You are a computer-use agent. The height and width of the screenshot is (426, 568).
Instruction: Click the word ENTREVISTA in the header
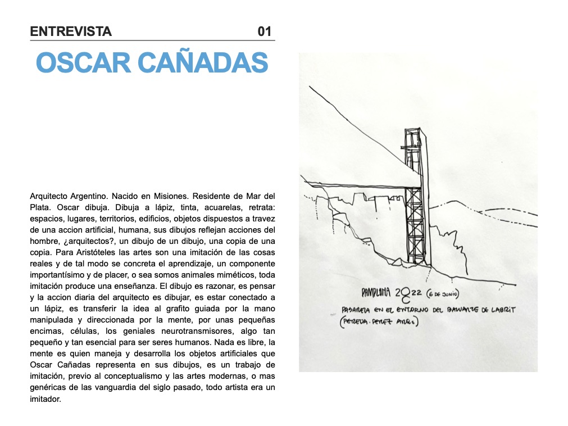tap(71, 31)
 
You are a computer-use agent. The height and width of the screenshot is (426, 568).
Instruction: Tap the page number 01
tap(264, 31)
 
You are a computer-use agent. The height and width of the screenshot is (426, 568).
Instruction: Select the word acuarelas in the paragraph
tap(199, 207)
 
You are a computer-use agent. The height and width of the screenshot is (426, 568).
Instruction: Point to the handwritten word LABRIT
tap(501, 309)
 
